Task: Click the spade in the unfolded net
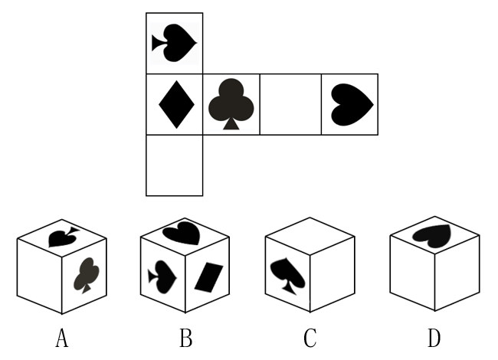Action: [174, 43]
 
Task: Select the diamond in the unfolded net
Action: [176, 104]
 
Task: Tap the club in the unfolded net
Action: [231, 104]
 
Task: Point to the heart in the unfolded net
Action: [352, 105]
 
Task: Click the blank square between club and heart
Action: [290, 104]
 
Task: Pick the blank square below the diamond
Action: [175, 165]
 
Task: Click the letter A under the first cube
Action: [62, 338]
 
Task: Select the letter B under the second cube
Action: [186, 338]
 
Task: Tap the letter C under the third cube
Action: [310, 338]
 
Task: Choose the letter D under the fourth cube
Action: [434, 338]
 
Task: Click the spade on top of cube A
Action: [63, 237]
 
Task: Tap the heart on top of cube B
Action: [182, 234]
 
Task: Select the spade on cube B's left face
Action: [162, 277]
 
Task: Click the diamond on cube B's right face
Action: [208, 277]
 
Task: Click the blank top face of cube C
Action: [310, 236]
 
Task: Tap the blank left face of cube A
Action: [39, 277]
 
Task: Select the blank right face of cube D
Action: [457, 273]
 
